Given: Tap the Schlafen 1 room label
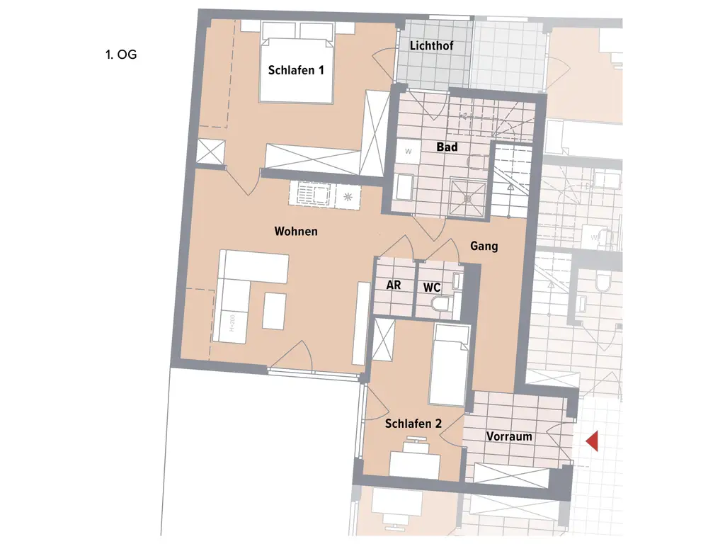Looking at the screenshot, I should pos(296,69).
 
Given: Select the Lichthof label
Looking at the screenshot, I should pos(431,45).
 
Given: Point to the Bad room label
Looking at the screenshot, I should pos(447,147).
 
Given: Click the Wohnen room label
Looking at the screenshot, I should pos(296,231).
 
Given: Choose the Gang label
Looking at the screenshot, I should pos(484,246).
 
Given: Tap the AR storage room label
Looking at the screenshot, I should pos(394,285).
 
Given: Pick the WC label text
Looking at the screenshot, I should pos(432,287).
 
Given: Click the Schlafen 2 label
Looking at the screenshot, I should pos(413,424).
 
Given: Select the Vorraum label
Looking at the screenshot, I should pos(509,436).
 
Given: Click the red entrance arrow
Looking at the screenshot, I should pos(593,441).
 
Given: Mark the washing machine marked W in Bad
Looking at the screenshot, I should pos(409,151).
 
